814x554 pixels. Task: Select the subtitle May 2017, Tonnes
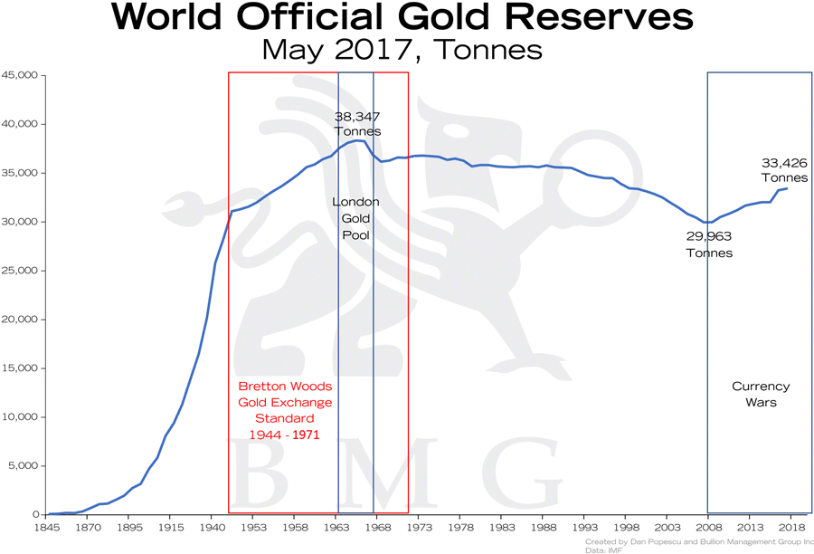coord(402,49)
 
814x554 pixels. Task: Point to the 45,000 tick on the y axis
coord(20,75)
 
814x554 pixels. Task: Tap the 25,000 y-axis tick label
coord(20,271)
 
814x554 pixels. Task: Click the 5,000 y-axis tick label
coord(23,466)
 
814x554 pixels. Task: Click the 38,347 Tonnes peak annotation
coord(357,124)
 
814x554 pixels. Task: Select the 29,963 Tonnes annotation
coord(708,244)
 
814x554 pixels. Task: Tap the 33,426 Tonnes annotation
coord(784,170)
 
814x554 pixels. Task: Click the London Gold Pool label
coord(356,218)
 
